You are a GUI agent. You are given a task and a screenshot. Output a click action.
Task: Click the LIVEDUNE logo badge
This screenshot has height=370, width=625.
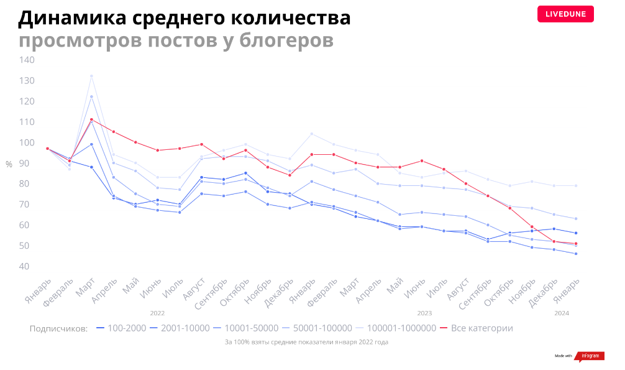point(565,14)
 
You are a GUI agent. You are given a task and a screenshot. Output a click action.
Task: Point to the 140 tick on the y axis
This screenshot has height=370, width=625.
point(27,60)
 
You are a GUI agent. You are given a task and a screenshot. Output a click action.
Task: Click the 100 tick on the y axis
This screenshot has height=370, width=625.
point(27,142)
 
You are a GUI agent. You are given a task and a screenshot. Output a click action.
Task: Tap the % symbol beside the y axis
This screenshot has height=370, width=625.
point(9,164)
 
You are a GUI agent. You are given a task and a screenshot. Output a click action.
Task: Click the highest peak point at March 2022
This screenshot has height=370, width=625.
point(91,76)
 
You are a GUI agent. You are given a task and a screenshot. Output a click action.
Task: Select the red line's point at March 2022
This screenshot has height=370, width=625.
point(91,119)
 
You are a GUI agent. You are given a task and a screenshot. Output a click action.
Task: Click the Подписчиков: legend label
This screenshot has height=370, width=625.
point(58,328)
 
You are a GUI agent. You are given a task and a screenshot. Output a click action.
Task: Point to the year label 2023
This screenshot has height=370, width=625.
point(424,313)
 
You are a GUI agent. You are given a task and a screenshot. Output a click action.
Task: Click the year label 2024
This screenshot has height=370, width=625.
point(561,313)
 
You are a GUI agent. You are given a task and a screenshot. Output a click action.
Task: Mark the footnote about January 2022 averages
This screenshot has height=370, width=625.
point(306,342)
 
